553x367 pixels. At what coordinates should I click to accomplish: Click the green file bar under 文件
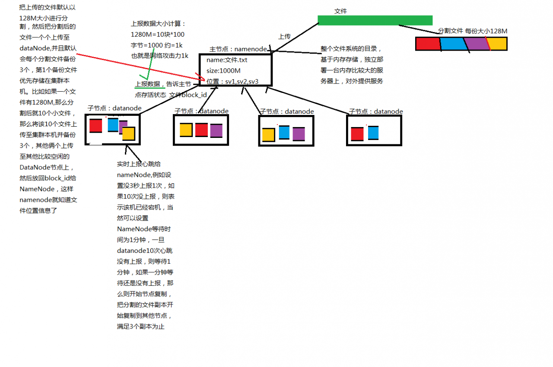pyautogui.click(x=375, y=20)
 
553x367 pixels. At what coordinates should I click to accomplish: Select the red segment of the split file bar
pyautogui.click(x=428, y=44)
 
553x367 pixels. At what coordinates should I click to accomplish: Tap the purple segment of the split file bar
pyautogui.click(x=477, y=44)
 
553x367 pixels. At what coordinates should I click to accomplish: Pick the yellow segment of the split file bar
pyautogui.click(x=497, y=44)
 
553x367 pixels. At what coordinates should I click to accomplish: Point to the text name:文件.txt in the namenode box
pyautogui.click(x=227, y=60)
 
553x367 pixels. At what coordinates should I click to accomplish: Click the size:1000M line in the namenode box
pyautogui.click(x=223, y=71)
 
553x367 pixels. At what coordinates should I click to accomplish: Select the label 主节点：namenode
pyautogui.click(x=238, y=49)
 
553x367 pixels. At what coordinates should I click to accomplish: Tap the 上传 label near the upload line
pyautogui.click(x=284, y=37)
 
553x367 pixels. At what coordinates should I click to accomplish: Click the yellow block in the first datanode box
pyautogui.click(x=129, y=134)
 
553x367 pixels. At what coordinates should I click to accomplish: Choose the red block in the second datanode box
pyautogui.click(x=201, y=130)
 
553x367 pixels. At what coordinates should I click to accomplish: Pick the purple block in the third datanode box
pyautogui.click(x=299, y=134)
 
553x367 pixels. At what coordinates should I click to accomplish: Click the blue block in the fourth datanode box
pyautogui.click(x=373, y=133)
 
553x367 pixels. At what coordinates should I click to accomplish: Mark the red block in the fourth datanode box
pyautogui.click(x=357, y=134)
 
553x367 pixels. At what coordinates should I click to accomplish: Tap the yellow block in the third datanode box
pyautogui.click(x=269, y=135)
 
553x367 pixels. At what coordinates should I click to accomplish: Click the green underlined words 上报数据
pyautogui.click(x=148, y=84)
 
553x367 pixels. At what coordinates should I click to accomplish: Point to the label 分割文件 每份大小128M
pyautogui.click(x=473, y=31)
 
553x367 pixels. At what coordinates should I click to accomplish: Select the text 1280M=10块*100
pyautogui.click(x=158, y=35)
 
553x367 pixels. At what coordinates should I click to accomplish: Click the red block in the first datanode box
pyautogui.click(x=96, y=126)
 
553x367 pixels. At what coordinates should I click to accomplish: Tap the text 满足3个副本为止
pyautogui.click(x=141, y=326)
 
